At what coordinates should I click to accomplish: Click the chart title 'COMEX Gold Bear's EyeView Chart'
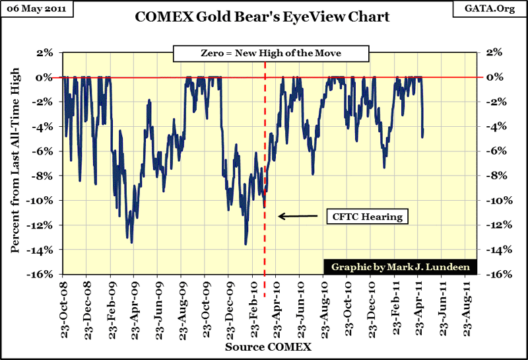click(263, 17)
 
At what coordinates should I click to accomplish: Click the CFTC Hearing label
click(366, 216)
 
